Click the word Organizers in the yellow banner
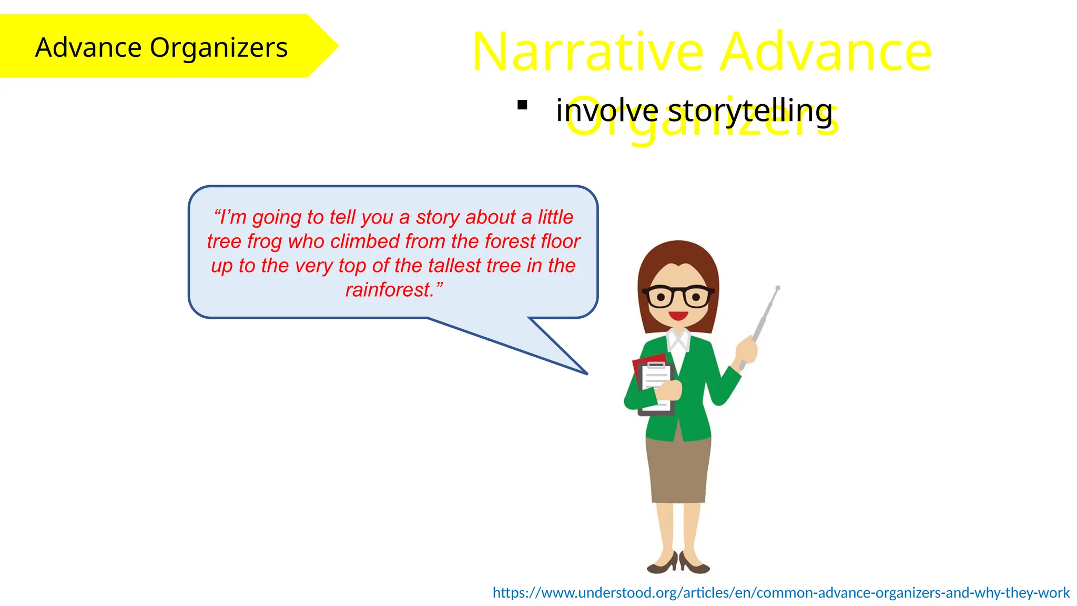[x=219, y=48]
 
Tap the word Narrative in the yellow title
[x=587, y=52]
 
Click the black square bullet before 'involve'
[x=522, y=105]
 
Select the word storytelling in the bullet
[x=750, y=111]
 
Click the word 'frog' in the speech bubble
[x=265, y=241]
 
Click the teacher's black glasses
[x=678, y=297]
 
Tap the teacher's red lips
[x=678, y=316]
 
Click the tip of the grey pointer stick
[x=778, y=288]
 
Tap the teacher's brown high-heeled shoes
[x=678, y=563]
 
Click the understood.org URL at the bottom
[x=780, y=593]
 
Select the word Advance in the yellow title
[x=826, y=52]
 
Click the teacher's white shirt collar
[x=678, y=339]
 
